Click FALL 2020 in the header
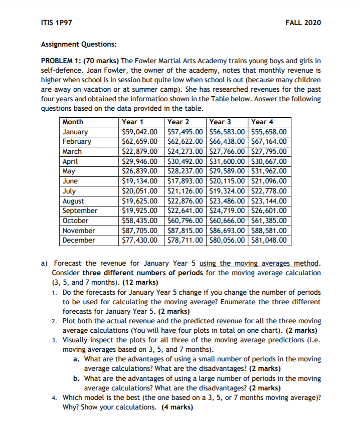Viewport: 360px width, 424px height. click(303, 23)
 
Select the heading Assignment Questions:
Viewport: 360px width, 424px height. click(78, 44)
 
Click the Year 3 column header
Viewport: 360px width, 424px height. click(220, 122)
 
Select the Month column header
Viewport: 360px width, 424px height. click(73, 122)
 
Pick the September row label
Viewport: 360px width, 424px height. click(80, 210)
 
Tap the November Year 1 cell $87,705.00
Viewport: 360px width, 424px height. click(140, 231)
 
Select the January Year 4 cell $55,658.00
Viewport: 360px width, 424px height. click(269, 132)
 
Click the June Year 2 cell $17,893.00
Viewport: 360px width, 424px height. click(184, 181)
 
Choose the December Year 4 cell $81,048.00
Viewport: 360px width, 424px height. click(269, 240)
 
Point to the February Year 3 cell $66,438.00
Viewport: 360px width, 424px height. click(227, 142)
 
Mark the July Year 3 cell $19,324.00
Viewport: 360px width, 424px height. click(227, 191)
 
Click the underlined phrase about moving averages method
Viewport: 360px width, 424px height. click(260, 263)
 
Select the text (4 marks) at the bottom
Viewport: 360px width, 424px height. click(172, 407)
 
